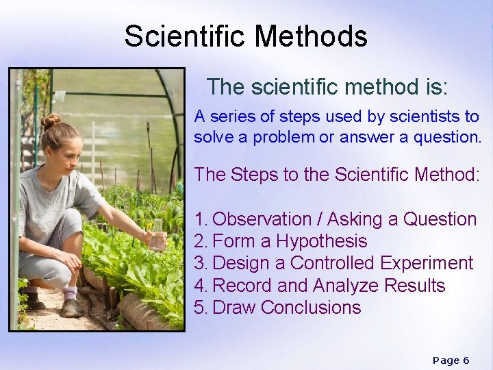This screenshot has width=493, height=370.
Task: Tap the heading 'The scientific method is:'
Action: coord(327,87)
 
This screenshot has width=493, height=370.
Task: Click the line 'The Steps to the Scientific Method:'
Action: coord(336,175)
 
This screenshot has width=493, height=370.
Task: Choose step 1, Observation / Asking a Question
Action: coord(336,219)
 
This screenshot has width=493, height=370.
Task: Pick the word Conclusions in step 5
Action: coord(311,308)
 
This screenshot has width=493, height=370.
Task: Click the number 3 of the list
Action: coord(199,264)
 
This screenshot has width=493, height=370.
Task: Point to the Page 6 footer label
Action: coord(451,360)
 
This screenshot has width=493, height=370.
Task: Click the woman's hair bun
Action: coord(50,121)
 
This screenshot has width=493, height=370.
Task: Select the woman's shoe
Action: coord(71,308)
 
